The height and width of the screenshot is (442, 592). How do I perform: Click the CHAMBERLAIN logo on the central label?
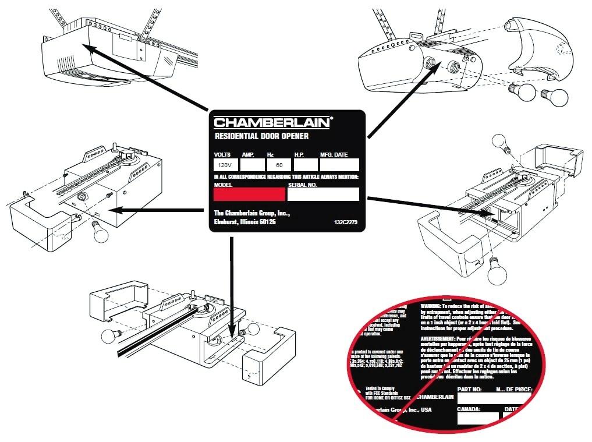(x=272, y=122)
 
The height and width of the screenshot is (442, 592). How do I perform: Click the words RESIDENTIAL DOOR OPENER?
(x=261, y=137)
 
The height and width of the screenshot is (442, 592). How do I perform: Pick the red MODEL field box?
(x=249, y=194)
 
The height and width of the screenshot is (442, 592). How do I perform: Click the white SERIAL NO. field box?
(x=323, y=194)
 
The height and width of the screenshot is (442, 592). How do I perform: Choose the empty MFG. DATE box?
(x=339, y=165)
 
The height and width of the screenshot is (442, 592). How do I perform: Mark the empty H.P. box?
(x=304, y=165)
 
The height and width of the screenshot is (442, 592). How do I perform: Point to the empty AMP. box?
(x=248, y=165)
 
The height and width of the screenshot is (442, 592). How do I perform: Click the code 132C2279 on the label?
(x=346, y=223)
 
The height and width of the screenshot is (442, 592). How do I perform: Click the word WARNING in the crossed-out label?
(x=431, y=305)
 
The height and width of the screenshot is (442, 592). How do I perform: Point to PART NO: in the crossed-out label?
(x=470, y=388)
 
